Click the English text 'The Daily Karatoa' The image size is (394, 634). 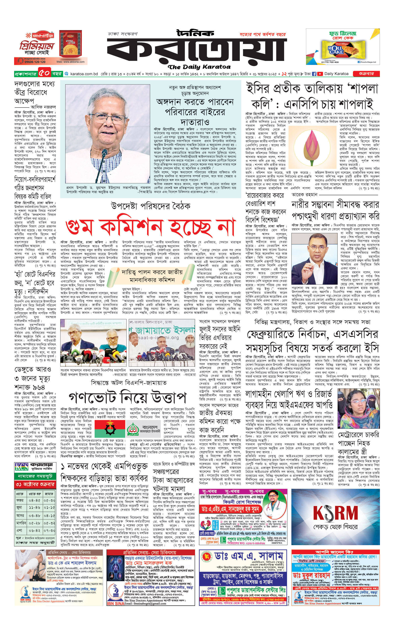coord(199,67)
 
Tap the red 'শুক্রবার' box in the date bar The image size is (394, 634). coord(366,74)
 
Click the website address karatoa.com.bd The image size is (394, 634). coord(84,74)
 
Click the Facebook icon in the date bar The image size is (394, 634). coord(314,74)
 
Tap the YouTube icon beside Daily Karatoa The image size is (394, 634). coord(320,74)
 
